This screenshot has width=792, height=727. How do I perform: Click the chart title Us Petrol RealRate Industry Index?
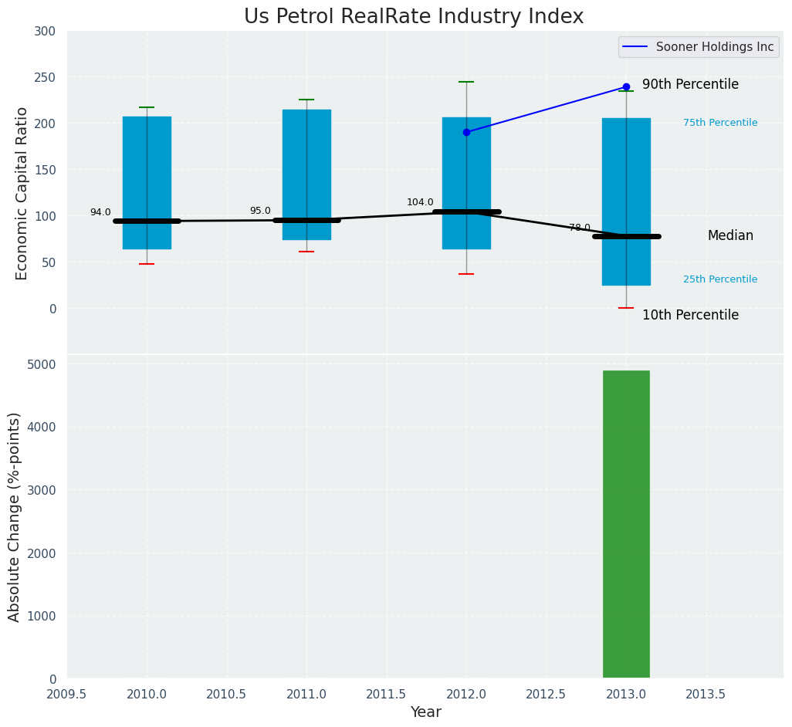point(414,16)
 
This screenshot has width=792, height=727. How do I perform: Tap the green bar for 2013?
point(626,525)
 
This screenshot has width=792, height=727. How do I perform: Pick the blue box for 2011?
point(306,154)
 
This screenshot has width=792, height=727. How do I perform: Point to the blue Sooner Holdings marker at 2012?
point(466,132)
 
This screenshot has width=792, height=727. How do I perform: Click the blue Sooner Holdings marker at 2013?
point(626,86)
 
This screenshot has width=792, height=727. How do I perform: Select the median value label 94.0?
point(100,212)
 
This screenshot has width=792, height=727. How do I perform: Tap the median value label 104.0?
point(420,202)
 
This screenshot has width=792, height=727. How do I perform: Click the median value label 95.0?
point(260,211)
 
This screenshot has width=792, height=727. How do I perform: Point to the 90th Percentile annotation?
point(690,85)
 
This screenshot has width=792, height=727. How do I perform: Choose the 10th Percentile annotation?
point(690,315)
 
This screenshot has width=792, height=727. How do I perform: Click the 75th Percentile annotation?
point(720,123)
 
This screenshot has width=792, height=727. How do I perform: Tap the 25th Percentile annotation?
point(720,279)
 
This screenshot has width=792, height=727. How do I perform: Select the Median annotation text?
point(730,235)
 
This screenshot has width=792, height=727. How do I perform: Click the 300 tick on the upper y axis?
point(46,31)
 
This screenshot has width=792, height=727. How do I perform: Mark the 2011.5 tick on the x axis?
point(386,694)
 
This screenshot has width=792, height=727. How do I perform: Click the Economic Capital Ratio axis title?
point(22,193)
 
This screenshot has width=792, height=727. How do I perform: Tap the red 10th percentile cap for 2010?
point(147,264)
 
